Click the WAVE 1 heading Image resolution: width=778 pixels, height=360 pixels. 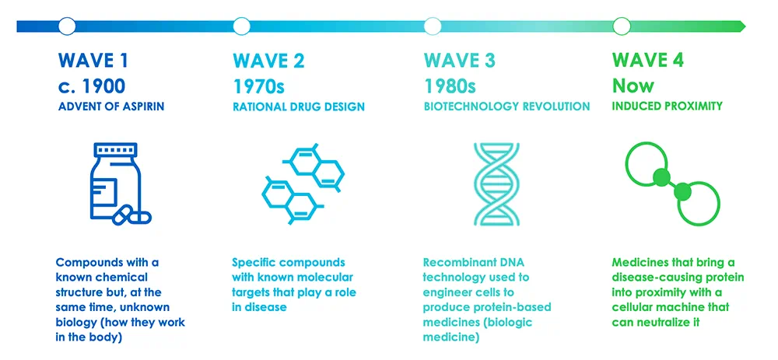point(93,61)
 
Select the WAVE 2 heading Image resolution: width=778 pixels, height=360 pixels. point(268,61)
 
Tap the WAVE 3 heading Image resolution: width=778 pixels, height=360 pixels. point(460,61)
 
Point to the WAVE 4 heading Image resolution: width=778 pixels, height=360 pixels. point(648,61)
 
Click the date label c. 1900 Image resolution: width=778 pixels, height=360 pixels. point(92,86)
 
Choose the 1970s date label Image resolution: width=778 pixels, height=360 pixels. point(258,86)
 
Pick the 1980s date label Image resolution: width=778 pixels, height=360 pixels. point(450,86)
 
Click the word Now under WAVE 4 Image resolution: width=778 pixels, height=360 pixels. point(633,86)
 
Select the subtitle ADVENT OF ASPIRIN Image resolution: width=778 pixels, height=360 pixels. point(111,107)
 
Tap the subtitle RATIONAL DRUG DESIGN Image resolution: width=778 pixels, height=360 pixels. point(299,107)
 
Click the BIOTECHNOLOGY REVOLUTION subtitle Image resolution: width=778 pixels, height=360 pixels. point(506,107)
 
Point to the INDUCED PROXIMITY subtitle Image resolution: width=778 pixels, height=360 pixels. point(668,107)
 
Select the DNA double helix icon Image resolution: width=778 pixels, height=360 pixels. point(496,184)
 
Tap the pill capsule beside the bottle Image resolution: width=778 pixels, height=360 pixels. point(132,215)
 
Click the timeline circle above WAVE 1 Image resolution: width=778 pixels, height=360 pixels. point(67,26)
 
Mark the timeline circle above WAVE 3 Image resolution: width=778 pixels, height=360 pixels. point(433,26)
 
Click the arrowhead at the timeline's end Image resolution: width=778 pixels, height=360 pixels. point(743,26)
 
